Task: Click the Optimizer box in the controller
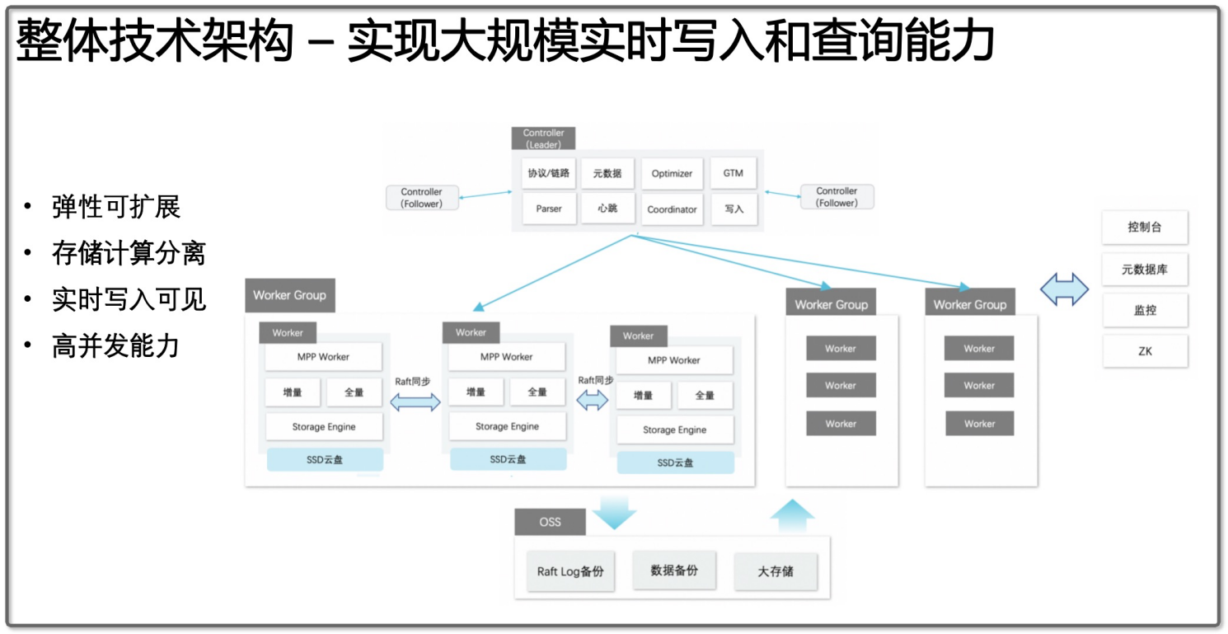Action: (672, 174)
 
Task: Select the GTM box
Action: (734, 173)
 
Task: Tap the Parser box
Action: (549, 209)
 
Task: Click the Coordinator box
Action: (672, 209)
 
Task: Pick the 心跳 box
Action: (608, 209)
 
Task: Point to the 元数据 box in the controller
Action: (608, 174)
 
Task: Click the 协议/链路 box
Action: (549, 174)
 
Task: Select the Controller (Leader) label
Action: (544, 139)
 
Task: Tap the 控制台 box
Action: (1145, 227)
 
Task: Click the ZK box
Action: (1145, 351)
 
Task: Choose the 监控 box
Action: (1145, 311)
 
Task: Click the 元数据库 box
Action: (1145, 269)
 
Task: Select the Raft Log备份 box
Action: (570, 571)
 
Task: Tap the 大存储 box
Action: (776, 571)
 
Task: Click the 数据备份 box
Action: (674, 570)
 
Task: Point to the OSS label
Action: (550, 522)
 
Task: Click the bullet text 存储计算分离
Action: (129, 253)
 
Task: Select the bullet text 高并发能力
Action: (115, 346)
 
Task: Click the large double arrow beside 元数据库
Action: (1064, 289)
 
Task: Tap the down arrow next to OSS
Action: (614, 513)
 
